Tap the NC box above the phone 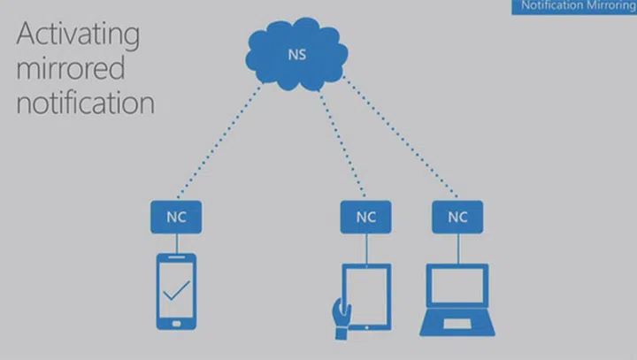coord(177,216)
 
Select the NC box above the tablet coord(365,216)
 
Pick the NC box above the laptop coord(457,216)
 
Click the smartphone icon coord(177,291)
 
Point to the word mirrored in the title coord(71,68)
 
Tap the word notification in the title coord(86,102)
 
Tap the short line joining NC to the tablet coord(365,244)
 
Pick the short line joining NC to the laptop coord(457,244)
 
